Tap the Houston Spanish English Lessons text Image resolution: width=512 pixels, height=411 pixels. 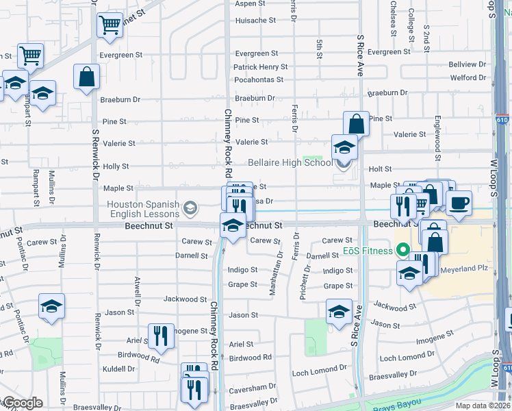click(143, 208)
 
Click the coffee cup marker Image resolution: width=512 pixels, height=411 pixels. click(459, 203)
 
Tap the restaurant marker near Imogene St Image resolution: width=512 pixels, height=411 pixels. click(161, 335)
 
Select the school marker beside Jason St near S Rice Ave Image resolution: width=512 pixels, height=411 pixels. click(339, 312)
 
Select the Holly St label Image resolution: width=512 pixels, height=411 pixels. click(116, 166)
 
